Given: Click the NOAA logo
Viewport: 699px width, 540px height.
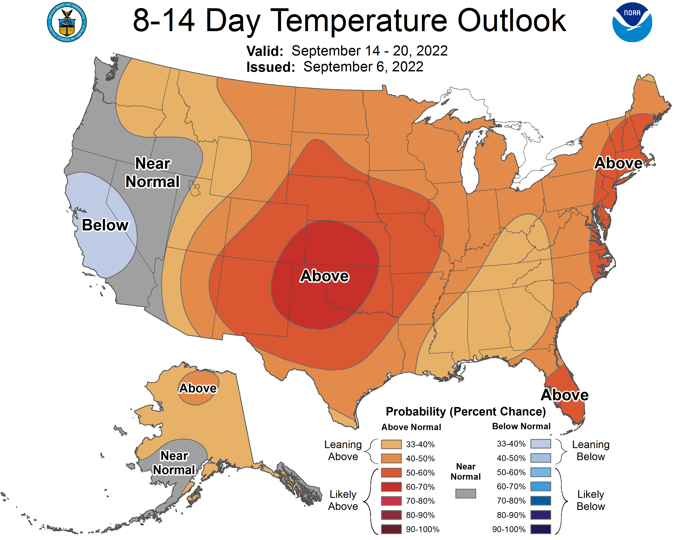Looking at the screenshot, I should tap(632, 22).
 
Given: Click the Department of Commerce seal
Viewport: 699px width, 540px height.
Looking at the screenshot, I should tap(67, 22).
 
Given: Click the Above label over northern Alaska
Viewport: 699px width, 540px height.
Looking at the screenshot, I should tap(198, 388).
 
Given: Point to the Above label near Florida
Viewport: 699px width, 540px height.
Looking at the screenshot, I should tap(564, 395).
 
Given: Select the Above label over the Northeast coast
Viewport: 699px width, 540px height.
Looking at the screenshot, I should tap(618, 163).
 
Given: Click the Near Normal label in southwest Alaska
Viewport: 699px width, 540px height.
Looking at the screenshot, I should tap(174, 462).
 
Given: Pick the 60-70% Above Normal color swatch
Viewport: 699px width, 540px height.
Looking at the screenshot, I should tap(391, 487).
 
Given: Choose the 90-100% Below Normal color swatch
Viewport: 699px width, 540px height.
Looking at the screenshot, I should tap(541, 529).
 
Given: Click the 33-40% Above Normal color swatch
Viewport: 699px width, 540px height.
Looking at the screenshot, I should tap(391, 444).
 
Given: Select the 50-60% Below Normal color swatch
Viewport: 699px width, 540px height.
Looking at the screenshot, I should tap(541, 472).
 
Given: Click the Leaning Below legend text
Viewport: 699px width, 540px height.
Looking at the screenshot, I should tap(591, 450).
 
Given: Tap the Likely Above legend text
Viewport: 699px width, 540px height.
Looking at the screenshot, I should tap(343, 500).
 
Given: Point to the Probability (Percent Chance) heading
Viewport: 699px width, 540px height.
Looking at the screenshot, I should tap(466, 411).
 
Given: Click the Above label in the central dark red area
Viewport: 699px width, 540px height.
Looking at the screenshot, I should tap(324, 276).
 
